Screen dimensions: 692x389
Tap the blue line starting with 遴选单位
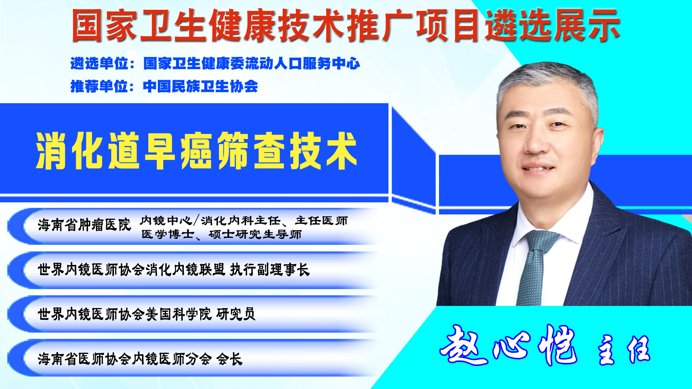pyautogui.click(x=215, y=64)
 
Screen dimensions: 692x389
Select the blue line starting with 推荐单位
pyautogui.click(x=164, y=86)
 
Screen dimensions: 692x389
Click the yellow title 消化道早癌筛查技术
pyautogui.click(x=196, y=151)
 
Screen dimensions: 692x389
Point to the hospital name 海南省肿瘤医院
pyautogui.click(x=84, y=225)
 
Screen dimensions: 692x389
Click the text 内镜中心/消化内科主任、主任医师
pyautogui.click(x=243, y=220)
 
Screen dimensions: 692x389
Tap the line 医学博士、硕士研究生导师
pyautogui.click(x=222, y=234)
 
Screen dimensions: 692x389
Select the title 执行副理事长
pyautogui.click(x=270, y=270)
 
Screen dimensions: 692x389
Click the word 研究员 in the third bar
pyautogui.click(x=236, y=314)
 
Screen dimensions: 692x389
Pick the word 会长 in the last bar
pyautogui.click(x=230, y=359)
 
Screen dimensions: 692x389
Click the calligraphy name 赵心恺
pyautogui.click(x=509, y=345)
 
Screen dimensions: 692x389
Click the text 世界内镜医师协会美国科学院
pyautogui.click(x=124, y=314)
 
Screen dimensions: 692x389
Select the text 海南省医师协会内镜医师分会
pyautogui.click(x=124, y=359)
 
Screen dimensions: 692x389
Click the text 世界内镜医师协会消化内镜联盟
pyautogui.click(x=131, y=270)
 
